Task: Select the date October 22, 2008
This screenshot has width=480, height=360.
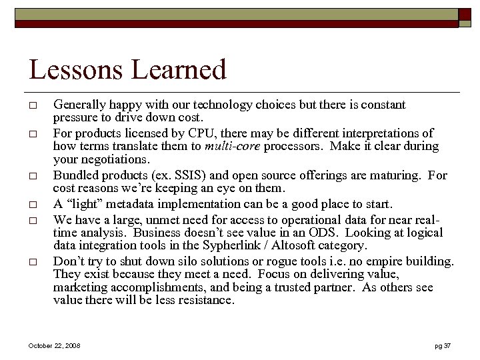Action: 55,345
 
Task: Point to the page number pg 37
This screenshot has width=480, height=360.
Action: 443,345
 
